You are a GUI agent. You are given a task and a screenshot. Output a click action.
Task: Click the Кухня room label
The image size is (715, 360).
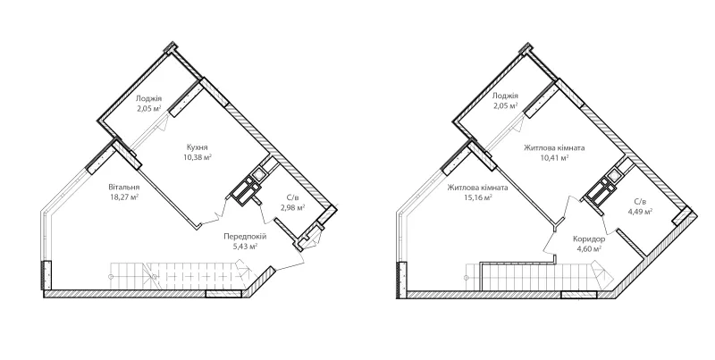point(198,147)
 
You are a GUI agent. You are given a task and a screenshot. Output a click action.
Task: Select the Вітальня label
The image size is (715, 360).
point(124,188)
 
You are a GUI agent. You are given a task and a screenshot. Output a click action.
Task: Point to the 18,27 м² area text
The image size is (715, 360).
point(124,197)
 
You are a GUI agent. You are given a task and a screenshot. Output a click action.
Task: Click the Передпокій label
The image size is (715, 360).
point(245,237)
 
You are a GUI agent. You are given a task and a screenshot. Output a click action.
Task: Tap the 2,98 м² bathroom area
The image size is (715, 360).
point(292,208)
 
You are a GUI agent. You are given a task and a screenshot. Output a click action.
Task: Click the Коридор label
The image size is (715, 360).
point(589,239)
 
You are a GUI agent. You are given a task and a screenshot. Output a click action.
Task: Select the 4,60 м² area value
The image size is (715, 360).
point(589,248)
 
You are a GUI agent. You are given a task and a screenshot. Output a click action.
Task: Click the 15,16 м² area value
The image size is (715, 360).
point(477,197)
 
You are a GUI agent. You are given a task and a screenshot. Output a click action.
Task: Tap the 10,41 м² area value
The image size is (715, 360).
point(554,158)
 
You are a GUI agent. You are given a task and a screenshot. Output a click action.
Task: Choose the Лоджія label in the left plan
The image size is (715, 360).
point(149,98)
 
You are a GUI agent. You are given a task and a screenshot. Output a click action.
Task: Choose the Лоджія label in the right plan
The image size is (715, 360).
point(505,96)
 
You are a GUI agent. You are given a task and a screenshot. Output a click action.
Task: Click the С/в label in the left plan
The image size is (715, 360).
point(292,198)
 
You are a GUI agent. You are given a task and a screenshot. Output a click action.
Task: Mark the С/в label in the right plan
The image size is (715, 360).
point(640,201)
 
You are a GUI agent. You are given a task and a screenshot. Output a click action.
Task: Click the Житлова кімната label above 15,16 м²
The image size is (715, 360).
point(477,188)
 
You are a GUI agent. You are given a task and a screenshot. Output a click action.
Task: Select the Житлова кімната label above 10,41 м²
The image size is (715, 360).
point(554,148)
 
